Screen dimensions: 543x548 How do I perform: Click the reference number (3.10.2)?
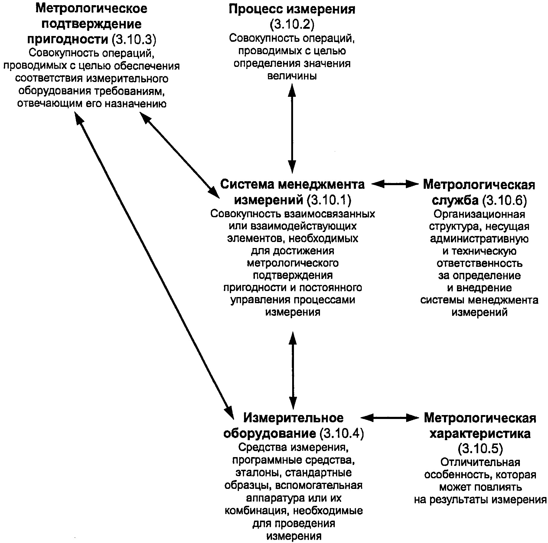pyautogui.click(x=292, y=24)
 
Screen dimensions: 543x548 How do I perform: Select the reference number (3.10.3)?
pyautogui.click(x=134, y=39)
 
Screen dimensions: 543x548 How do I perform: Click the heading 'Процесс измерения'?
pyautogui.click(x=292, y=9)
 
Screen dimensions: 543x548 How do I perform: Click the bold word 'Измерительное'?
pyautogui.click(x=293, y=418)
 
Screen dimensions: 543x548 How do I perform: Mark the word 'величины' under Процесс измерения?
pyautogui.click(x=292, y=76)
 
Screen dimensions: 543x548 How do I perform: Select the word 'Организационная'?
pyautogui.click(x=479, y=214)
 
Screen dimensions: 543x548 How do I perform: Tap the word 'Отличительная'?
pyautogui.click(x=480, y=462)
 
